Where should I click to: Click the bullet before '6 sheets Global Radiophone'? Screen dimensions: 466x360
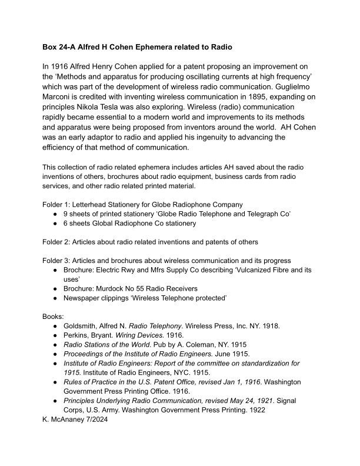55,223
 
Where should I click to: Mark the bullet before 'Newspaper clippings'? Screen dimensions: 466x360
55,298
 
